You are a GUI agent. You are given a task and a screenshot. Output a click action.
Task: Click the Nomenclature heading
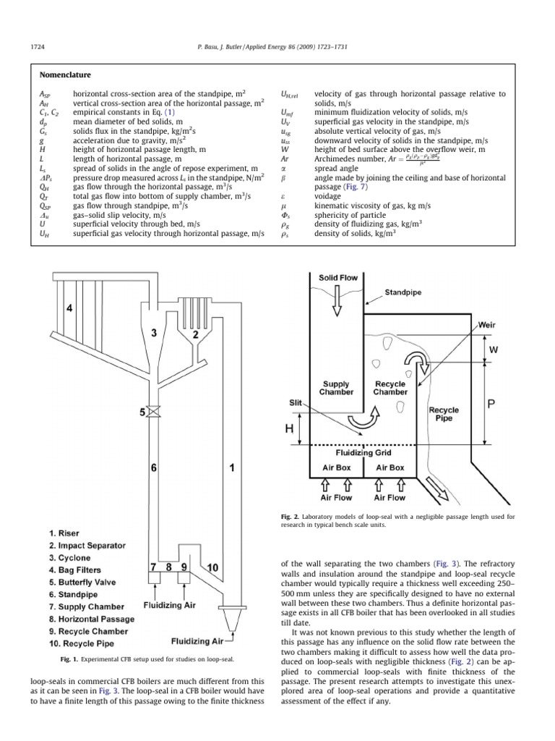click(x=66, y=74)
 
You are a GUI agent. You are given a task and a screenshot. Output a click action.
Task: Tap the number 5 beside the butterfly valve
click(x=142, y=412)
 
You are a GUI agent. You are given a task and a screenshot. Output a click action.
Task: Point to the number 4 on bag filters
click(x=69, y=308)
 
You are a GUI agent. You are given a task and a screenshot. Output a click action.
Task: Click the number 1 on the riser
click(x=231, y=468)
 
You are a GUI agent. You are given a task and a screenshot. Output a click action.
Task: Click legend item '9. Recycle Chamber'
click(x=89, y=631)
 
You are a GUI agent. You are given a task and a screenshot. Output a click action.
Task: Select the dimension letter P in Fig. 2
click(x=491, y=406)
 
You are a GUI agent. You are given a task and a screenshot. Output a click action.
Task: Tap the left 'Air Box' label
click(x=336, y=467)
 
